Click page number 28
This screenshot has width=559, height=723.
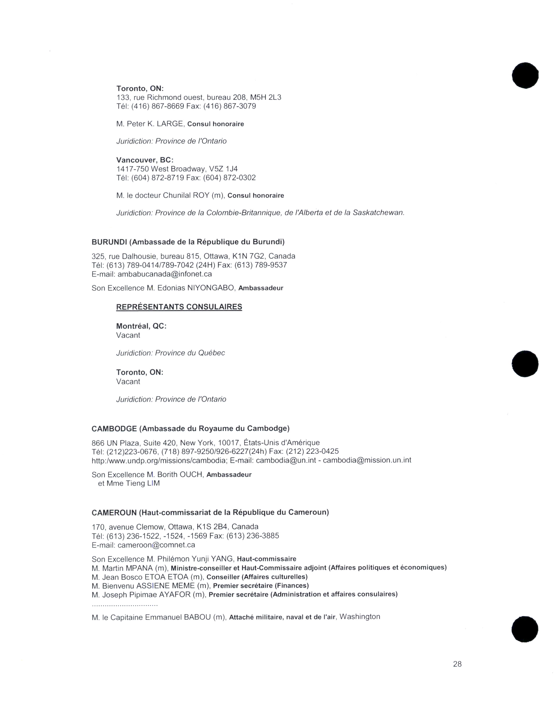(x=457, y=664)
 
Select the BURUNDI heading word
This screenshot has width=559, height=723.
(x=109, y=242)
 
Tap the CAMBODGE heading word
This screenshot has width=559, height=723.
(x=114, y=429)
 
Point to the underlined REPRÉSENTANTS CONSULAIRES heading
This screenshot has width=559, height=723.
(x=179, y=307)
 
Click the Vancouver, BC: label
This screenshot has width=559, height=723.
(x=145, y=160)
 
